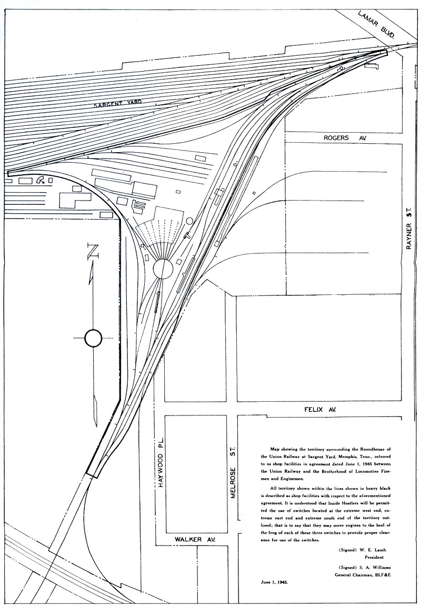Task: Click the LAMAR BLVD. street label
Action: (376, 24)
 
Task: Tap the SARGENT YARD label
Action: (117, 103)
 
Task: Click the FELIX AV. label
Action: (320, 410)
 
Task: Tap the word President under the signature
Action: (374, 558)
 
